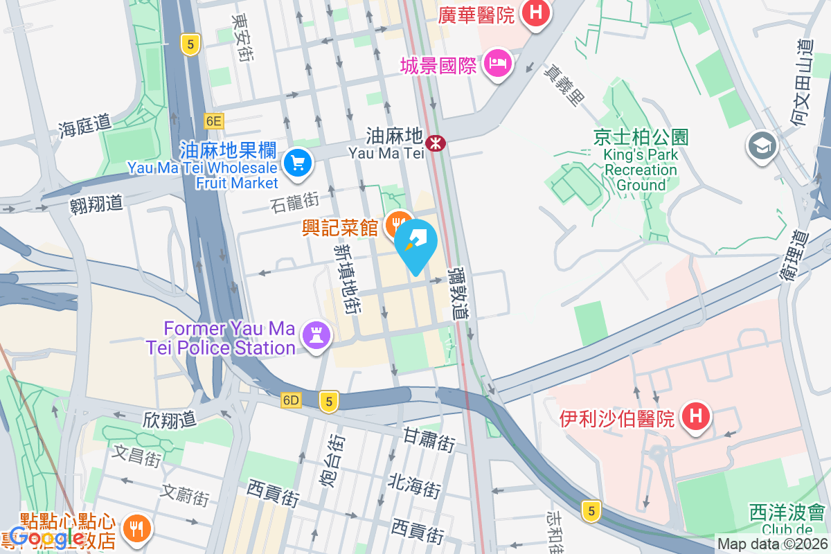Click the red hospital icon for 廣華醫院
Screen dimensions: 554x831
[x=535, y=12]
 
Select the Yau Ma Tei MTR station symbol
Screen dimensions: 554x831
[x=436, y=143]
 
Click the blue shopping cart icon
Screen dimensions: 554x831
[x=298, y=163]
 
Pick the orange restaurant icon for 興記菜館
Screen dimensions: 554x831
[x=397, y=224]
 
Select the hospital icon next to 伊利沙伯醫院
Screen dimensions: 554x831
[x=695, y=417]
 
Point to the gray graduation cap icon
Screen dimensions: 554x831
[x=762, y=145]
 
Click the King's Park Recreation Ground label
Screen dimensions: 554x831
[x=640, y=161]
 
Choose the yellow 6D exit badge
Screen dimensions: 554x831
[x=292, y=400]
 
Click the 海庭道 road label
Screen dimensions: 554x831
[x=84, y=125]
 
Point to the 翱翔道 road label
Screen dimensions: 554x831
[x=96, y=204]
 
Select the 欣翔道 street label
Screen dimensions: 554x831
[x=170, y=419]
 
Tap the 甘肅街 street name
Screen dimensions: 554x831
[x=429, y=440]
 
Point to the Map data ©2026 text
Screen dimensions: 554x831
[x=771, y=544]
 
